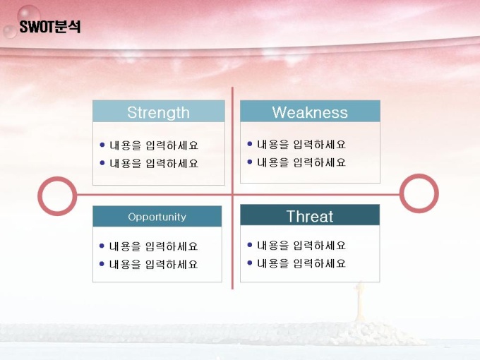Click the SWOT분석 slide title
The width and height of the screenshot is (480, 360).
pyautogui.click(x=50, y=27)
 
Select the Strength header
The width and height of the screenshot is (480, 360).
pyautogui.click(x=159, y=112)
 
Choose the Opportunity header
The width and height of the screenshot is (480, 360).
pyautogui.click(x=157, y=217)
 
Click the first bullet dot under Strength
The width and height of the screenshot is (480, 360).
pyautogui.click(x=102, y=145)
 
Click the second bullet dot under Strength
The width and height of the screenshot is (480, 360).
pyautogui.click(x=102, y=163)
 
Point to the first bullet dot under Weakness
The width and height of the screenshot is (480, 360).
pyautogui.click(x=250, y=143)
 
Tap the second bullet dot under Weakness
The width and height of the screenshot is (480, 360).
pyautogui.click(x=250, y=162)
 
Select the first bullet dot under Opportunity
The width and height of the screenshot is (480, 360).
pyautogui.click(x=102, y=246)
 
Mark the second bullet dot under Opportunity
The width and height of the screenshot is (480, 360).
pyautogui.click(x=102, y=263)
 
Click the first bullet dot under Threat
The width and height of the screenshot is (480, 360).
pyautogui.click(x=250, y=245)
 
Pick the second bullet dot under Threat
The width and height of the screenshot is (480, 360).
pyautogui.click(x=250, y=263)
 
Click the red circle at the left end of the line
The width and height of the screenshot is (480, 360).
pyautogui.click(x=40, y=196)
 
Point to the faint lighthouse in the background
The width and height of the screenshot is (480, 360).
pyautogui.click(x=360, y=302)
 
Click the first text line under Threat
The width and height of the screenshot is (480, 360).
pyautogui.click(x=301, y=245)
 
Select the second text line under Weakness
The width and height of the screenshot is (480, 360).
pyautogui.click(x=301, y=162)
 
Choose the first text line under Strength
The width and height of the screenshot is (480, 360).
pyautogui.click(x=154, y=145)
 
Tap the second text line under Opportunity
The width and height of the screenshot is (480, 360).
pyautogui.click(x=153, y=264)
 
